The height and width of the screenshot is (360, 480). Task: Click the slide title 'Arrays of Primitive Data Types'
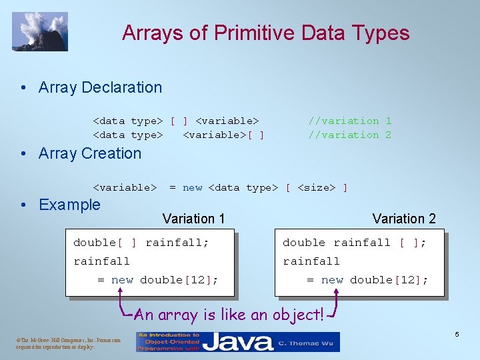[x=265, y=33]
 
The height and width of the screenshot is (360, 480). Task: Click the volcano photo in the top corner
[x=40, y=31]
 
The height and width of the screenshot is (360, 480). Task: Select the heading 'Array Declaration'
[x=100, y=87]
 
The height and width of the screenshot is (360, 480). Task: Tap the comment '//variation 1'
[x=349, y=121]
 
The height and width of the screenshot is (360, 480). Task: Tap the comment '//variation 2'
[x=349, y=135]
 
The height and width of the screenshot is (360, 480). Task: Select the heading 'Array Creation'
[x=90, y=153]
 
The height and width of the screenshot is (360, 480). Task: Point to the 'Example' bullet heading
[x=69, y=205]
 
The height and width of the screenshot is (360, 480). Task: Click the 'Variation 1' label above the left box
[x=193, y=219]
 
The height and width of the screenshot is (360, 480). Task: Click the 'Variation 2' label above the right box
[x=404, y=219]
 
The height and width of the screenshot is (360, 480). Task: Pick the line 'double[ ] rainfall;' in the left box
[x=141, y=243]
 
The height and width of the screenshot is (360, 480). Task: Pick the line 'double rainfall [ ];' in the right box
[x=354, y=243]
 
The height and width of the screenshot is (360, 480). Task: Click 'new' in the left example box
[x=122, y=280]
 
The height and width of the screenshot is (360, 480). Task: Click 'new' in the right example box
[x=332, y=280]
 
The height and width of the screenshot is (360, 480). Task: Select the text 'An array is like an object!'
[x=229, y=315]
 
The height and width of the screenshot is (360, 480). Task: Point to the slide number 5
[x=457, y=334]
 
